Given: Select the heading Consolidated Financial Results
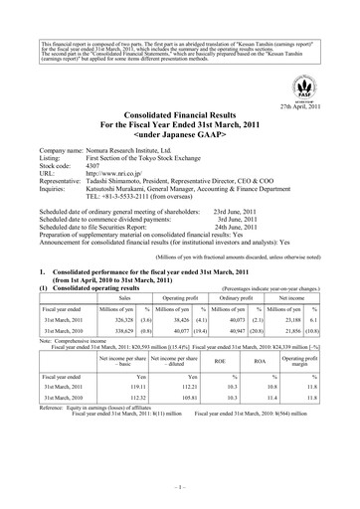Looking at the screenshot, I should [x=179, y=117].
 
